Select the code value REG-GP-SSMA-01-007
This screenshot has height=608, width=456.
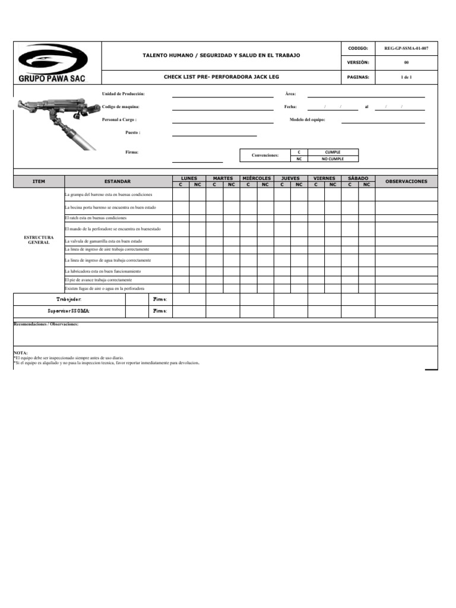[x=406, y=48]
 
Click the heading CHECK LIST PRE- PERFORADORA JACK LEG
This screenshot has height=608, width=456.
[x=221, y=77]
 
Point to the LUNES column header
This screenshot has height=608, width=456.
[x=189, y=178]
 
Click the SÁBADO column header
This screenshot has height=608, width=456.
[x=358, y=178]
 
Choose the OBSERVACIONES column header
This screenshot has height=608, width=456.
[x=406, y=181]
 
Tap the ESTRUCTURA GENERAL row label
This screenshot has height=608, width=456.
[x=39, y=240]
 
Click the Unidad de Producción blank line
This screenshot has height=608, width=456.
[x=223, y=94]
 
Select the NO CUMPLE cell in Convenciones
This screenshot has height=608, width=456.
[x=332, y=159]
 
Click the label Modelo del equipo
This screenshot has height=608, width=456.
[x=307, y=119]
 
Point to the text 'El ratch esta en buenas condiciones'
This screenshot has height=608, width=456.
[x=96, y=218]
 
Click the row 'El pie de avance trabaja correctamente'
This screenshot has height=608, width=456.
[x=99, y=279]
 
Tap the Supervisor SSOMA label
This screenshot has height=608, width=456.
[x=69, y=311]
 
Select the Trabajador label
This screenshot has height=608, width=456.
[x=69, y=299]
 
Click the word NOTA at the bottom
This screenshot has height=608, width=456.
[x=21, y=353]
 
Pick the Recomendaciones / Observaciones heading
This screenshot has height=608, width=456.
[x=46, y=325]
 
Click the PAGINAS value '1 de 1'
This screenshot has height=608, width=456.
[x=406, y=77]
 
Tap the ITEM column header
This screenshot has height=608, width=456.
[x=39, y=181]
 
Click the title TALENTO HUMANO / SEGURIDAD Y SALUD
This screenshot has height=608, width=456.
[x=221, y=55]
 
